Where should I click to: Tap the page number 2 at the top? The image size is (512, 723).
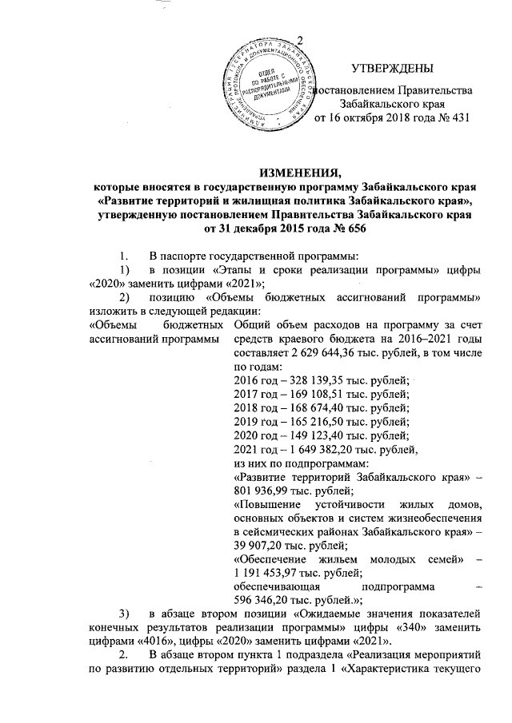(x=301, y=42)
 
